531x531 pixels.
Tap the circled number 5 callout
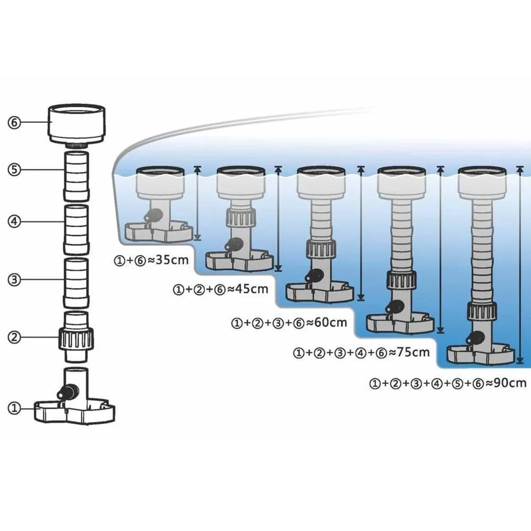point(14,170)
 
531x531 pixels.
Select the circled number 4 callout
point(14,222)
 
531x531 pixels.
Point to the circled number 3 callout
point(14,279)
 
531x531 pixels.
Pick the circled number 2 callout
point(14,336)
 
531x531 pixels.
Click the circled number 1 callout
point(14,408)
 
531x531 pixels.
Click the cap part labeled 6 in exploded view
point(78,124)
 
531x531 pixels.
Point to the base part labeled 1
point(75,406)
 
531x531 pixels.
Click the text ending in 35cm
point(151,261)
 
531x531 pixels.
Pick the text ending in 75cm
point(361,352)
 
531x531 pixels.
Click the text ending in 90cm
point(448,383)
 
